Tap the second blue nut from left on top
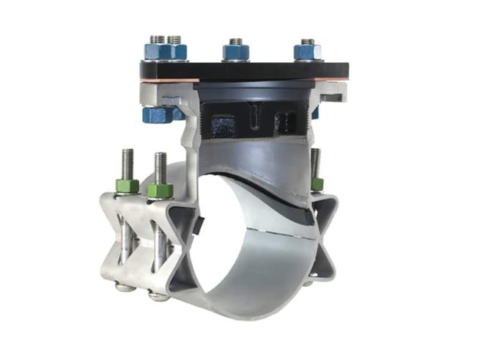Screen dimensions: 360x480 pyautogui.click(x=177, y=52)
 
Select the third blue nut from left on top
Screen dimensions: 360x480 pyautogui.click(x=235, y=53)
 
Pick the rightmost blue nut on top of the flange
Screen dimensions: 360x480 pyautogui.click(x=308, y=52)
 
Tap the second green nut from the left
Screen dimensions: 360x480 pyautogui.click(x=160, y=190)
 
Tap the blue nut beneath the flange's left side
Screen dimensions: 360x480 pyautogui.click(x=156, y=114)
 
